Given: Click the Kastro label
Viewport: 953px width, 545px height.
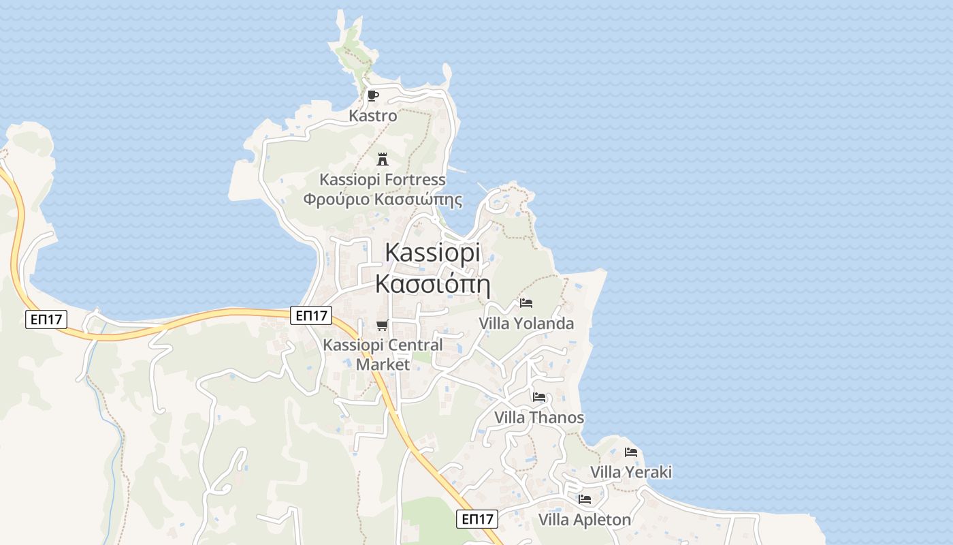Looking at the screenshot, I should coord(372,116).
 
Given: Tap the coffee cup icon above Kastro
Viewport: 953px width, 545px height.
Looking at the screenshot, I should coord(372,95).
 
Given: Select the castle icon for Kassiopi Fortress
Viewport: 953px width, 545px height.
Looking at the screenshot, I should coord(383,159).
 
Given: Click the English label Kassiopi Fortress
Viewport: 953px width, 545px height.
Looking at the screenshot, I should coord(383,180).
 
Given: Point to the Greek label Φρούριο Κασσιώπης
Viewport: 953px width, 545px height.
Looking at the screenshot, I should coord(383,200).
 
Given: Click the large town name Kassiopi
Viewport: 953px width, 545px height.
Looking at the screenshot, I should coord(432,252).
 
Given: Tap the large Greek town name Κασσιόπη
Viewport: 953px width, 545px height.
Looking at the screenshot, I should coord(432,283).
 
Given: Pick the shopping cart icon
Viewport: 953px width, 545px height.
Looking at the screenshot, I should coord(383,325).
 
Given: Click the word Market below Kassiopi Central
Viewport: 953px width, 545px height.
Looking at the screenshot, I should coord(383,364).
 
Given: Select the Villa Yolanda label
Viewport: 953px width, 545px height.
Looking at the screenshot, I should coord(526,324).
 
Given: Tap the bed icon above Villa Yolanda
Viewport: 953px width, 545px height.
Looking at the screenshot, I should coord(526,303).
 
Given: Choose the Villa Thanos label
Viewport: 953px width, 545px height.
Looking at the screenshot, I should coord(539,418).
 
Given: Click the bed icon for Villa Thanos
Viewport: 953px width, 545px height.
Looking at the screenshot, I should coord(539,397).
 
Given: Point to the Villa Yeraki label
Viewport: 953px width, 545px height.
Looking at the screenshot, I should coord(631,472).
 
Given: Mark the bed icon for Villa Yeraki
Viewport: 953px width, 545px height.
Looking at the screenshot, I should coord(631,452).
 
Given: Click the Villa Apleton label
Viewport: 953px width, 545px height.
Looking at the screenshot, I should coord(585,520).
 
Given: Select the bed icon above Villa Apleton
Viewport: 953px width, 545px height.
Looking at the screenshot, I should coord(585,499).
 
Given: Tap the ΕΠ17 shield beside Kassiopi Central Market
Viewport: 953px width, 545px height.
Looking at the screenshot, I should coord(311,315).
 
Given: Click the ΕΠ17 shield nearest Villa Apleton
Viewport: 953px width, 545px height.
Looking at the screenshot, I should coord(477,519).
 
